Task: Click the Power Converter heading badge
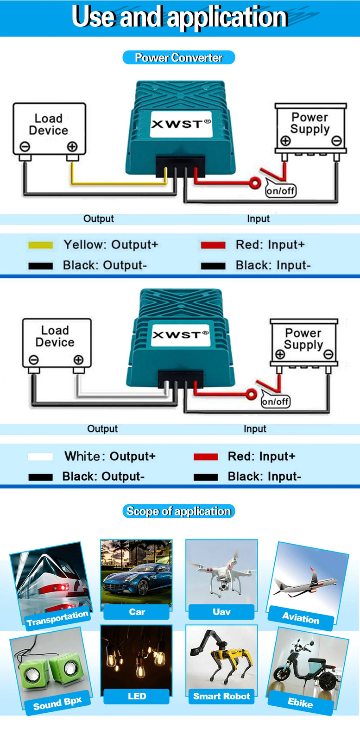click(x=179, y=57)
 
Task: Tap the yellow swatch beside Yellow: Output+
click(x=40, y=245)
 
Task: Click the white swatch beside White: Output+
click(x=40, y=457)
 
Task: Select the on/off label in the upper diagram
click(x=281, y=191)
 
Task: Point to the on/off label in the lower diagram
click(x=275, y=402)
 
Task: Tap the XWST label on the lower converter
click(x=181, y=335)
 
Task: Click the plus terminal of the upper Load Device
click(x=72, y=146)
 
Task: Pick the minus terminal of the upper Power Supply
click(x=336, y=141)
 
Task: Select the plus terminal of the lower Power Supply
click(x=280, y=354)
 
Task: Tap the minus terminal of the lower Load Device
click(x=34, y=359)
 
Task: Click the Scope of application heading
click(x=179, y=511)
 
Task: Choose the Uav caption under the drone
click(x=221, y=612)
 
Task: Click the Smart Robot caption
click(x=221, y=696)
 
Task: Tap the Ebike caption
click(x=300, y=702)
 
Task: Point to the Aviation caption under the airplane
click(x=300, y=618)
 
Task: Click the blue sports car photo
click(x=136, y=575)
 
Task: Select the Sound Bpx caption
click(x=57, y=703)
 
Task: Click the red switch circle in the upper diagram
click(x=255, y=183)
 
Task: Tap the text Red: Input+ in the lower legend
click(x=261, y=457)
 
